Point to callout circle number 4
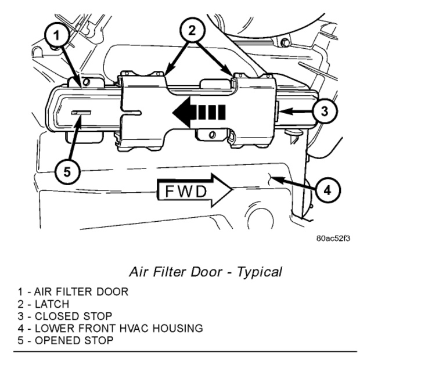pyautogui.click(x=327, y=189)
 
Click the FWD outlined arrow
pyautogui.click(x=195, y=190)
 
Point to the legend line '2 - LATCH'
pyautogui.click(x=44, y=304)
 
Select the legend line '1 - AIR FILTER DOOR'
pyautogui.click(x=73, y=291)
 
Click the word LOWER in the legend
pyautogui.click(x=51, y=328)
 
